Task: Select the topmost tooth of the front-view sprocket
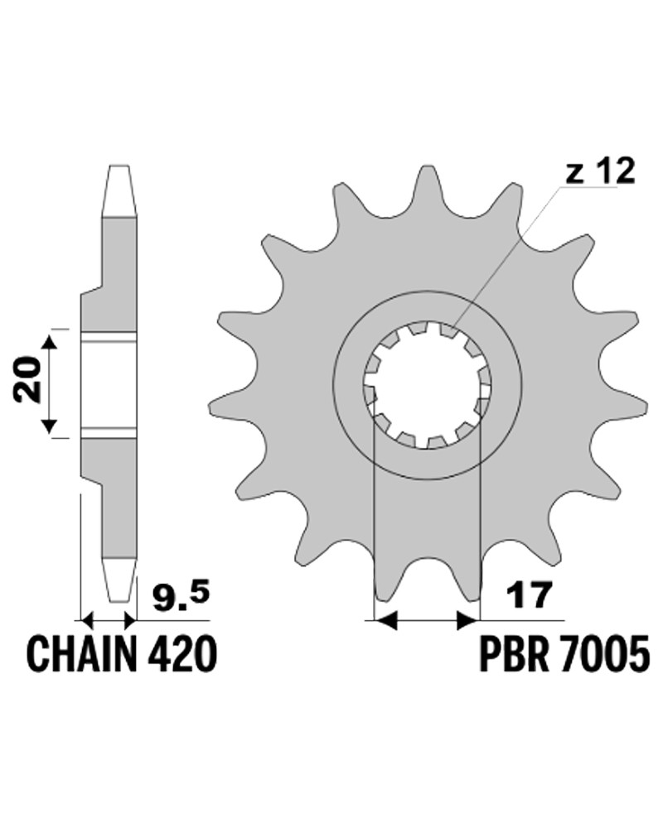(x=426, y=184)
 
